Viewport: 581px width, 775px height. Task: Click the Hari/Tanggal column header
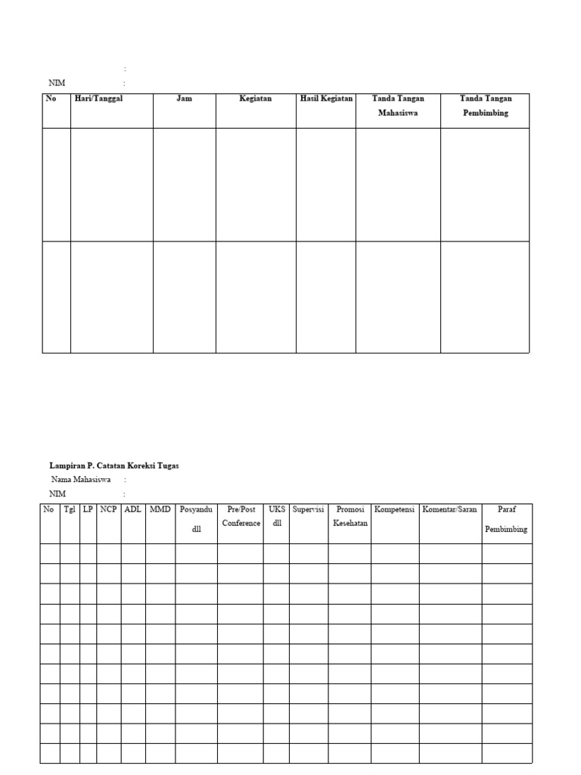98,99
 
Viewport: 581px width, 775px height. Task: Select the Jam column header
184,99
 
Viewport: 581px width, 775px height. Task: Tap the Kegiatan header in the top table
256,99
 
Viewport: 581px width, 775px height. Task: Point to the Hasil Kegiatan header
326,99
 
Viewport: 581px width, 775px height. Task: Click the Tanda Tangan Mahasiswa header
398,106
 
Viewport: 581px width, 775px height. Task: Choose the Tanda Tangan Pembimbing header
485,106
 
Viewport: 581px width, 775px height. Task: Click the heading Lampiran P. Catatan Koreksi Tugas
114,466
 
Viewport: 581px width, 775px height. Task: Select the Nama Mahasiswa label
81,480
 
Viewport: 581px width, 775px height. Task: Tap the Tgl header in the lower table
70,510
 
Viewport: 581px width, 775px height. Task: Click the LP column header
88,510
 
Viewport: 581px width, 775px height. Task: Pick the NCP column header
108,510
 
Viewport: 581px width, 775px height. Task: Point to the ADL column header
132,510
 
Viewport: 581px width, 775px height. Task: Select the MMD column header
160,510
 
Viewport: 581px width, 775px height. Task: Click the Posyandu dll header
197,519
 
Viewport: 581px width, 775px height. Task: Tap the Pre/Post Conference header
241,517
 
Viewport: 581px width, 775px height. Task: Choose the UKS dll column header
277,517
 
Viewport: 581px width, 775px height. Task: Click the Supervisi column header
308,510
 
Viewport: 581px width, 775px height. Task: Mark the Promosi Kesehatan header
350,517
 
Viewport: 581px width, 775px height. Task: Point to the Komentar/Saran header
450,510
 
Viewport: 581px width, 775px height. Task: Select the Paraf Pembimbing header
506,519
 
